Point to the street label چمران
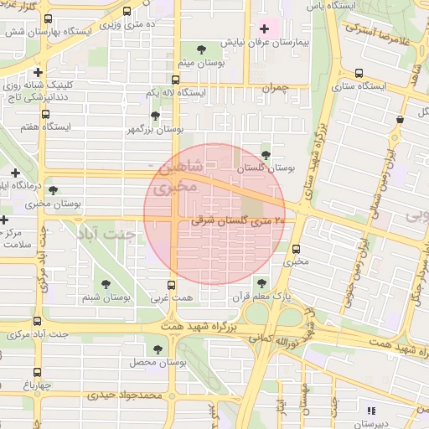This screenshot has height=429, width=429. pyautogui.click(x=272, y=86)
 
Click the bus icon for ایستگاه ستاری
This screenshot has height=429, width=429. pyautogui.click(x=359, y=73)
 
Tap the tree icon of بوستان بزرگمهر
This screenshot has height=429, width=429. pyautogui.click(x=155, y=116)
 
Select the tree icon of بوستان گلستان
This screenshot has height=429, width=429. pyautogui.click(x=266, y=154)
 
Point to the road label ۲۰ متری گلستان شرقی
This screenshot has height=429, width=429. pyautogui.click(x=238, y=221)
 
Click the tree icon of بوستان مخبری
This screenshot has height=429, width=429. pyautogui.click(x=53, y=190)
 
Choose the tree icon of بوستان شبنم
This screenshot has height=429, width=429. pyautogui.click(x=105, y=285)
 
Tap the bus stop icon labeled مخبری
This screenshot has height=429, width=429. pyautogui.click(x=296, y=249)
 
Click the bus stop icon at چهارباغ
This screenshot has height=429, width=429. pyautogui.click(x=37, y=374)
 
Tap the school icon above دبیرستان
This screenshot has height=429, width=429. pyautogui.click(x=370, y=410)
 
